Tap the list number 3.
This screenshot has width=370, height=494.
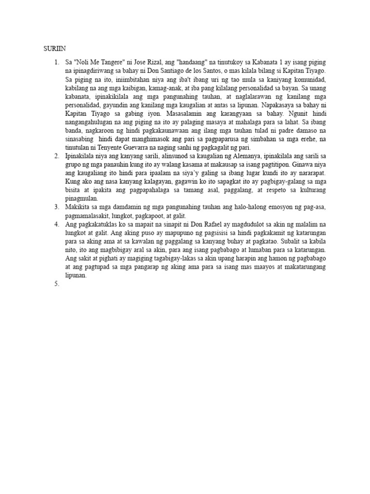[x=56, y=206]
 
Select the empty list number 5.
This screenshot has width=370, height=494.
[x=56, y=284]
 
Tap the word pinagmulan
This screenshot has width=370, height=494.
[x=81, y=198]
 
